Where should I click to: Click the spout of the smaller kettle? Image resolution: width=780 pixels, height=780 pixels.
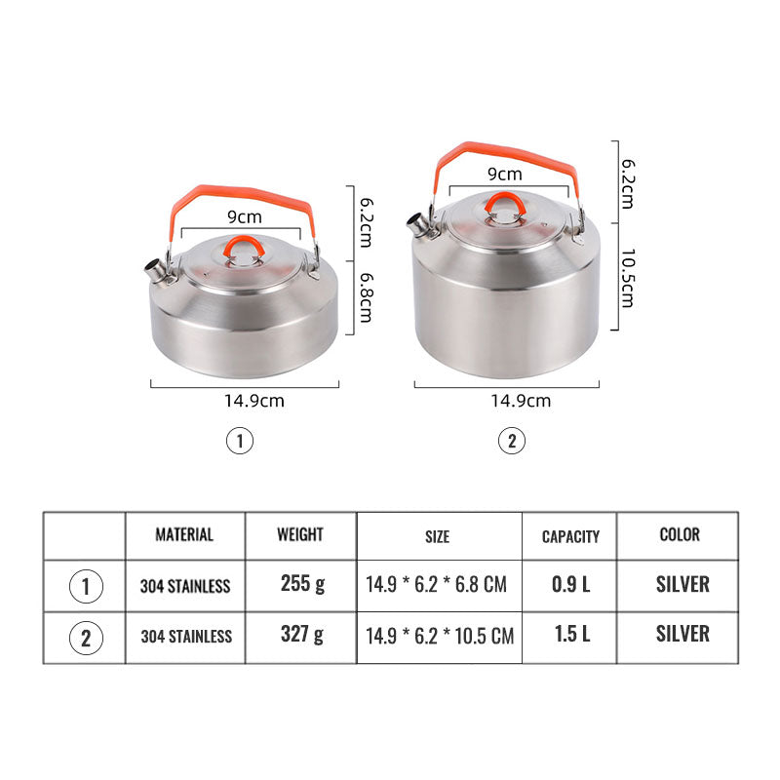[x=155, y=271]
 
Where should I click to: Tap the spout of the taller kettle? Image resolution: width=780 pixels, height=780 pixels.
[x=420, y=226]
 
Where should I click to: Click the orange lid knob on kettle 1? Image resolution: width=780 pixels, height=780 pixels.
[x=244, y=248]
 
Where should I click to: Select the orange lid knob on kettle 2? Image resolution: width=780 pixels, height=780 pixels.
[x=505, y=204]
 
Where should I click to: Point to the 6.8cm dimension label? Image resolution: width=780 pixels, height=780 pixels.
[x=367, y=298]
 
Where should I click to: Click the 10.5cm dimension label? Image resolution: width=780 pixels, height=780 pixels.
[x=628, y=279]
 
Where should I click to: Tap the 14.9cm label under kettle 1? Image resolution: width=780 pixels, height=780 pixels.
[x=254, y=401]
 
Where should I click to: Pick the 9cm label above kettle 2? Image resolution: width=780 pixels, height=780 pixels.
[x=505, y=175]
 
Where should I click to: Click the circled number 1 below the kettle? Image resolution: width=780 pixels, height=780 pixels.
[x=240, y=442]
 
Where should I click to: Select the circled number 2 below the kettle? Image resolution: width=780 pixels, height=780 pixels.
[x=512, y=441]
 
